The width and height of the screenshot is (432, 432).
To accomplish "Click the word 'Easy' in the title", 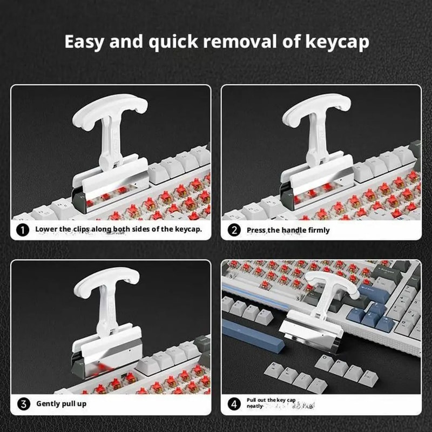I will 85,42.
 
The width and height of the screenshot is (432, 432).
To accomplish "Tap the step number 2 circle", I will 234,230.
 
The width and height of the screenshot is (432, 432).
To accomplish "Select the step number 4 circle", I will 234,403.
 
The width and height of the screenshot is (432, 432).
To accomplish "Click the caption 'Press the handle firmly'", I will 287,230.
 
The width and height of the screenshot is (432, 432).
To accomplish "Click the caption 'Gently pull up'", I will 61,403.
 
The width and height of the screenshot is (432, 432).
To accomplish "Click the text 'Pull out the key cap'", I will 271,400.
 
